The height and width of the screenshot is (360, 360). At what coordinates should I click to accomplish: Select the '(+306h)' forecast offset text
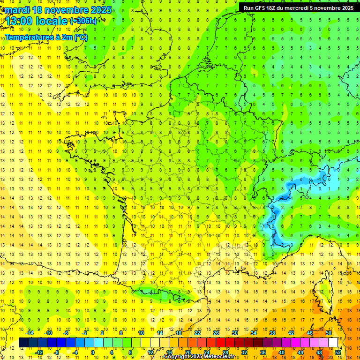[x=83, y=21]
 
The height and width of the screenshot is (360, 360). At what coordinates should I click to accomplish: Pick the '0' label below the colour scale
[x=93, y=352]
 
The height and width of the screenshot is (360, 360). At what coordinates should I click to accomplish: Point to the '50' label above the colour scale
[x=329, y=333]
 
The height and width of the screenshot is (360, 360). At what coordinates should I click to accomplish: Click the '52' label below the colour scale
[x=337, y=352]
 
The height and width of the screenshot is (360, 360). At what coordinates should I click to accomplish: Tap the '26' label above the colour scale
[x=216, y=333]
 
